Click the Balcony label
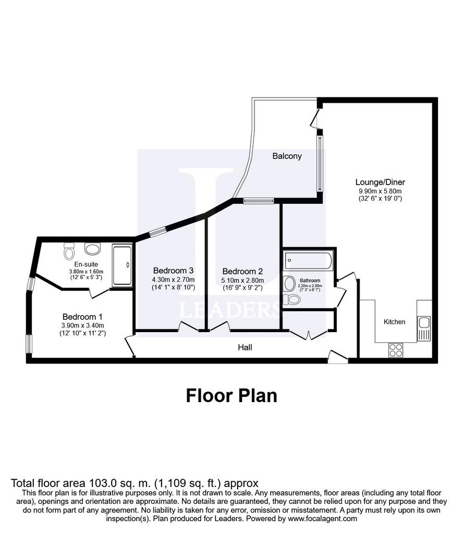(287, 156)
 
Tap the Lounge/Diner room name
(380, 182)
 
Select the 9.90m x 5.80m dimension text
(380, 191)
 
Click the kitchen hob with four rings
(396, 350)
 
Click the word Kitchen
(395, 322)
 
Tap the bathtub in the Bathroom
(308, 261)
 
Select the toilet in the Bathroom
(291, 299)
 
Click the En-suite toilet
(69, 251)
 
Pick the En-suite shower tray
(122, 265)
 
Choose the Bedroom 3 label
(173, 271)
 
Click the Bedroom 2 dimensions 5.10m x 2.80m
(243, 280)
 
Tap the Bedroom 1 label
(82, 317)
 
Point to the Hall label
(245, 347)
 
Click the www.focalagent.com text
(322, 519)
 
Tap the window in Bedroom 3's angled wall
(157, 233)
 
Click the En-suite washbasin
(93, 249)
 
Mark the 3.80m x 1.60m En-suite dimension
(86, 272)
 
